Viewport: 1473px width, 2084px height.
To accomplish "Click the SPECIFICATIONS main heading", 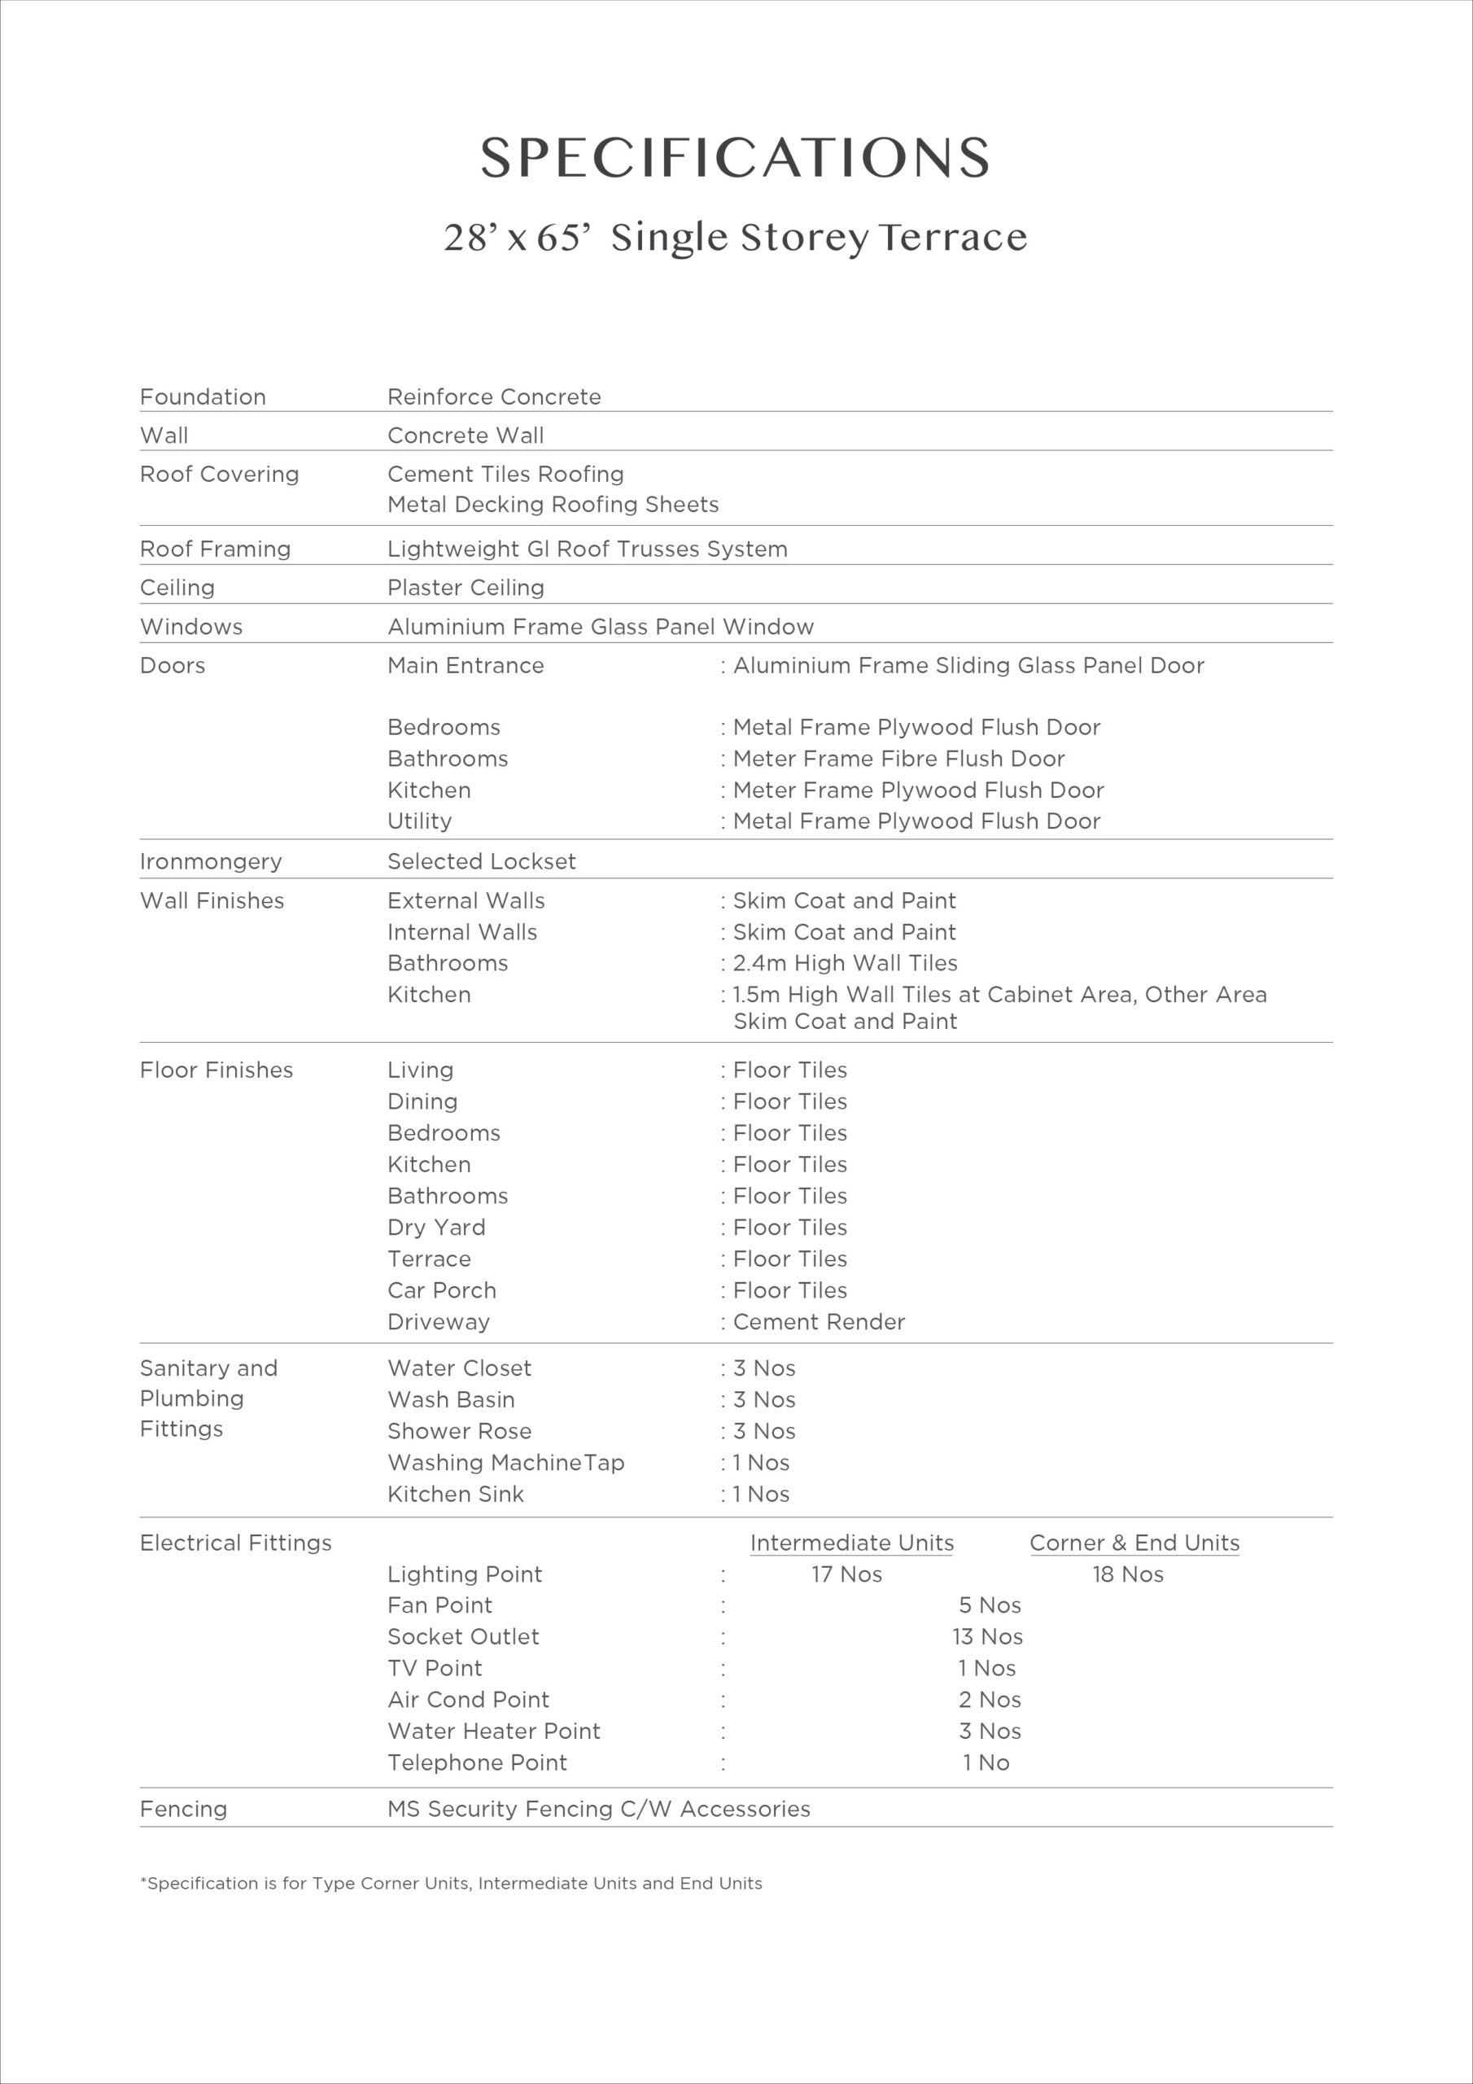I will (x=735, y=158).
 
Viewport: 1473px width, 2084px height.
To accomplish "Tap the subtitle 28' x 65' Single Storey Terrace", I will (x=735, y=238).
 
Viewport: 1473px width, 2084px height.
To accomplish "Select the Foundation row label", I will (x=203, y=396).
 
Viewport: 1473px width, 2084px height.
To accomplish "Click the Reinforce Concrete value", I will (x=494, y=396).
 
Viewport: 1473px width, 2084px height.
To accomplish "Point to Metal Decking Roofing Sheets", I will (x=553, y=505).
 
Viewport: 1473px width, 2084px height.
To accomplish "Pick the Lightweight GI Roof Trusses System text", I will (x=588, y=549).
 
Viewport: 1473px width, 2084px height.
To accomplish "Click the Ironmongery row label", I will (x=211, y=861).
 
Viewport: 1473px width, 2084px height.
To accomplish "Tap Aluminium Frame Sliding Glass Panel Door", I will (x=968, y=665).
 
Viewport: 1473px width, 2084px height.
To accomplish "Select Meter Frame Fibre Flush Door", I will (x=898, y=759).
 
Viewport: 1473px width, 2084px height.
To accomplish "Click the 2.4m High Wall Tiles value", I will (x=845, y=963).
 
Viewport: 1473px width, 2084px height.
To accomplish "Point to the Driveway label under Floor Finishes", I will (x=439, y=1321).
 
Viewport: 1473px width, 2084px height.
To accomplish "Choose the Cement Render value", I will (x=819, y=1321).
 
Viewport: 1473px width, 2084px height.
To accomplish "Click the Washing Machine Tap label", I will (x=505, y=1462).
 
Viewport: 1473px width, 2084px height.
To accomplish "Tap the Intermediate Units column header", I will (x=851, y=1543).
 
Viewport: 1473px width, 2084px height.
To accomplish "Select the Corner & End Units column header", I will (x=1134, y=1543).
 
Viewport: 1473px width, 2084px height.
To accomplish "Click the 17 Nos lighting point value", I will (x=846, y=1574).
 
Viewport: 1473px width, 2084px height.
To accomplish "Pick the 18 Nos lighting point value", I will (x=1127, y=1574).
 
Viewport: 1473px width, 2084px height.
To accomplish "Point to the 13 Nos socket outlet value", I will (x=987, y=1636).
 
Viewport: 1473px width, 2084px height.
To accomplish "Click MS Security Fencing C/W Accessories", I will (x=598, y=1809).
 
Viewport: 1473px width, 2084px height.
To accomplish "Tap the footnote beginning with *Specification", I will (x=451, y=1884).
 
